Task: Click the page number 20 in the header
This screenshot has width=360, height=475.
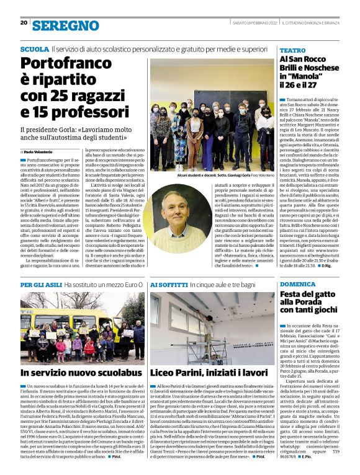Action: tap(24, 22)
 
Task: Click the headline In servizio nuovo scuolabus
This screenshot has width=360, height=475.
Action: tap(73, 373)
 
